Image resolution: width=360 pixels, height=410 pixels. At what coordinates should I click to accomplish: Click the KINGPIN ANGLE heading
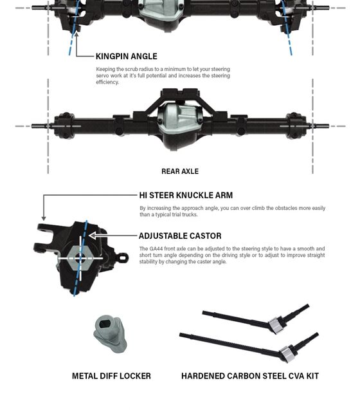[x=127, y=56]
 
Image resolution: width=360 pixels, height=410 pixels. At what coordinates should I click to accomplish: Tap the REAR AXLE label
[x=180, y=171]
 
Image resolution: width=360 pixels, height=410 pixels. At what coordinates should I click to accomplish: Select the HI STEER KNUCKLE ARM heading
[x=186, y=195]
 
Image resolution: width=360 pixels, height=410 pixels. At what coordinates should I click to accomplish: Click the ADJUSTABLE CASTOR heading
[x=180, y=236]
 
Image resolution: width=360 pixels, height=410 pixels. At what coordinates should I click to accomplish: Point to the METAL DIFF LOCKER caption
[x=111, y=376]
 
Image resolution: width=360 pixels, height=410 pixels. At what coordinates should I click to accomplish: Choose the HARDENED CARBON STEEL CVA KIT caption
[x=250, y=376]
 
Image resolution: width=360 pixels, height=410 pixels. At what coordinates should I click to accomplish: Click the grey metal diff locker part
[x=110, y=333]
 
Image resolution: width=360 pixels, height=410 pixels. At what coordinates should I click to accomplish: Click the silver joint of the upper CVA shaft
[x=276, y=325]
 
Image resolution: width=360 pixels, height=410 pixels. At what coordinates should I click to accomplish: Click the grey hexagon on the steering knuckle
[x=80, y=258]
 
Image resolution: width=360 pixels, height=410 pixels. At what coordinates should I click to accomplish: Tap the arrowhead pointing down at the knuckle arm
[x=44, y=218]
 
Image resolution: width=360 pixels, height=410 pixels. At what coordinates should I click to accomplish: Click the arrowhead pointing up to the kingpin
[x=76, y=34]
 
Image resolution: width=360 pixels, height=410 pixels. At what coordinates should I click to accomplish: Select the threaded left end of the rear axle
[x=40, y=126]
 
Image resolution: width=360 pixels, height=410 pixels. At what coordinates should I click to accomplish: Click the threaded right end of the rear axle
[x=321, y=126]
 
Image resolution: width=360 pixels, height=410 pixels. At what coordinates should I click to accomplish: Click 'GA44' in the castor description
[x=156, y=248]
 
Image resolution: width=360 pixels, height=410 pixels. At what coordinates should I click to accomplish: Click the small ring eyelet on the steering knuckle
[x=123, y=257]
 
